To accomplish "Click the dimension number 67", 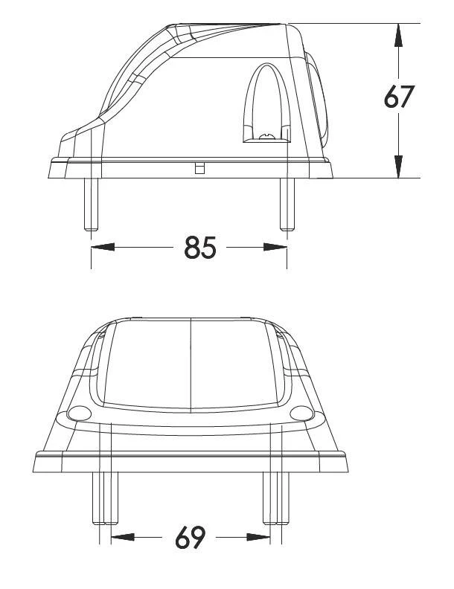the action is (x=399, y=97).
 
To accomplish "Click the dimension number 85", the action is (x=200, y=248).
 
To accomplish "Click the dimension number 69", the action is (x=191, y=537).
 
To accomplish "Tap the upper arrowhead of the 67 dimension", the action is (x=398, y=35).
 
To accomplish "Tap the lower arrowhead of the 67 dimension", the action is (x=398, y=167).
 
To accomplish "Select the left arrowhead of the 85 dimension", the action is (x=103, y=247).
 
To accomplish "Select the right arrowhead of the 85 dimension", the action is (x=275, y=247).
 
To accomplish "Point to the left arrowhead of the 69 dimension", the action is (x=123, y=537).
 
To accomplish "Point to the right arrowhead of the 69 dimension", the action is (x=258, y=537).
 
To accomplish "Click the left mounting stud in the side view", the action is (x=92, y=204).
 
